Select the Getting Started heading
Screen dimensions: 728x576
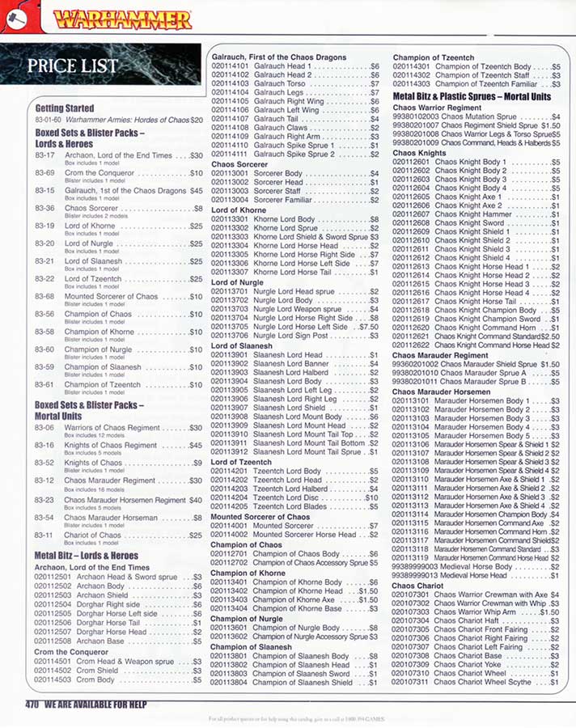tap(65, 108)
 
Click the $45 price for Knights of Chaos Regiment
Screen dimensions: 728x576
tap(195, 445)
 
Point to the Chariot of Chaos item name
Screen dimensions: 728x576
tap(93, 535)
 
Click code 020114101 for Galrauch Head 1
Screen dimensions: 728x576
tap(230, 67)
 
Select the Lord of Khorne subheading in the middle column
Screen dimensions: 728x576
tap(239, 210)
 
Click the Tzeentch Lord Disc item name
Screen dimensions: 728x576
tap(288, 498)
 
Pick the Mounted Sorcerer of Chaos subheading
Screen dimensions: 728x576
tap(260, 516)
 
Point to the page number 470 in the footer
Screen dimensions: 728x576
tap(32, 705)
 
